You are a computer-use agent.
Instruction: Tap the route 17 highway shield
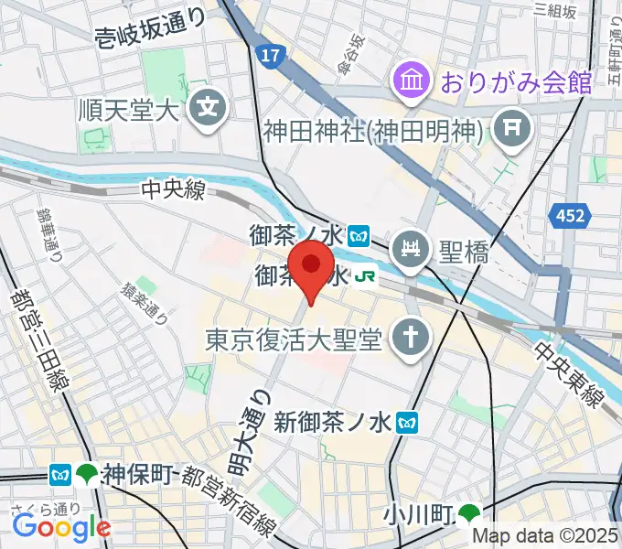point(268,57)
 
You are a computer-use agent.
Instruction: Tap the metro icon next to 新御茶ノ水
point(413,421)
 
